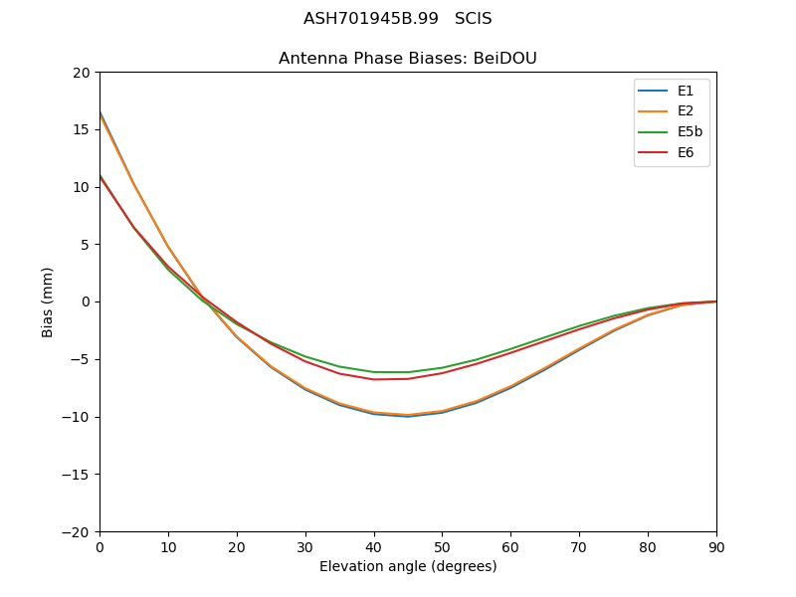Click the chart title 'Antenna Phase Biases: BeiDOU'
click(407, 59)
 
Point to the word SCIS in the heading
click(473, 19)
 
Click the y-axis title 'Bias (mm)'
click(48, 301)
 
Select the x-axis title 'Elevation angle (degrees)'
click(407, 566)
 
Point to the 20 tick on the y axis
click(81, 73)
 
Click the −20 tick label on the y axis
click(76, 531)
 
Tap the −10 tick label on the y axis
click(76, 417)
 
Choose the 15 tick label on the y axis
click(81, 129)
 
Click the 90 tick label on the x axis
click(715, 546)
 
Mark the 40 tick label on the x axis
click(373, 546)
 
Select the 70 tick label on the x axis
click(579, 546)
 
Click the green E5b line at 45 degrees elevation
click(408, 372)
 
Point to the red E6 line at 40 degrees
click(373, 379)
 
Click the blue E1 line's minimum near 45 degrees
click(408, 416)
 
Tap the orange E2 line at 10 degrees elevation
click(168, 248)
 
